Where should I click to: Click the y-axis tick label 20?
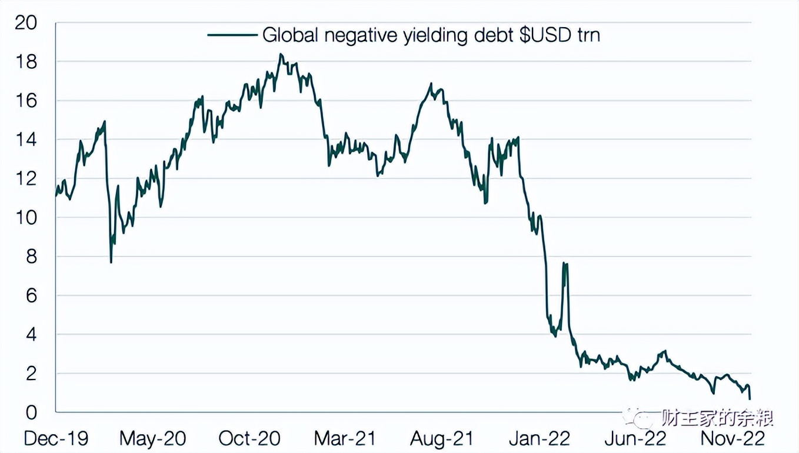click(x=26, y=24)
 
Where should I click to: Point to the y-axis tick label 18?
click(x=26, y=62)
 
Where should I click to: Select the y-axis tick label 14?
click(x=26, y=140)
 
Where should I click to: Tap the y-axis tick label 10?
click(x=26, y=218)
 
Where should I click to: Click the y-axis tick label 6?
click(x=30, y=296)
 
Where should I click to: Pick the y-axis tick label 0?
click(x=30, y=412)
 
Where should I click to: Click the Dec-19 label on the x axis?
click(x=55, y=438)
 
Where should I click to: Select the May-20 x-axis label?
click(x=152, y=438)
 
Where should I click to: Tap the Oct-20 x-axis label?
click(x=249, y=438)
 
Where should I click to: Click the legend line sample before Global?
click(x=232, y=35)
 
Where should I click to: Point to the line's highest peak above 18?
click(x=281, y=54)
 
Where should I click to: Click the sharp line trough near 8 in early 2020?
click(x=111, y=262)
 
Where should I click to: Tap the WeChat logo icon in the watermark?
click(x=638, y=418)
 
